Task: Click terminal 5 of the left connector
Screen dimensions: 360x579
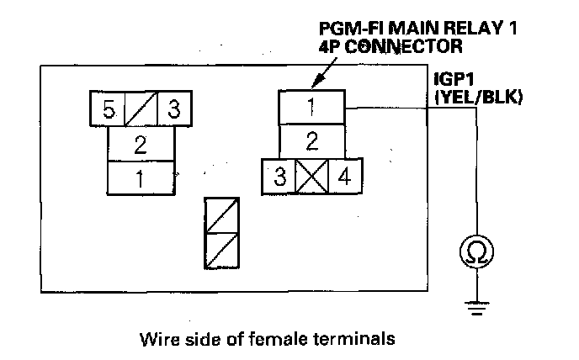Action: click(107, 109)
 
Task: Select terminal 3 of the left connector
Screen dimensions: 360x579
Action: click(174, 109)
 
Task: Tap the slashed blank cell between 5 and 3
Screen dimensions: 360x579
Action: click(141, 109)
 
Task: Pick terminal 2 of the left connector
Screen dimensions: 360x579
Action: click(141, 143)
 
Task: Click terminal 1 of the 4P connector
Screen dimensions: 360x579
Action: click(311, 108)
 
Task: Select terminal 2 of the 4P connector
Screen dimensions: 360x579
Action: click(311, 140)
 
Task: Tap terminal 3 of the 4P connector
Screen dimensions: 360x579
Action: click(279, 177)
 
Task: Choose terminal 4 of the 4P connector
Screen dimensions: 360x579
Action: click(344, 177)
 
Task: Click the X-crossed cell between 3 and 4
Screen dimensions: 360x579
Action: click(311, 177)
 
